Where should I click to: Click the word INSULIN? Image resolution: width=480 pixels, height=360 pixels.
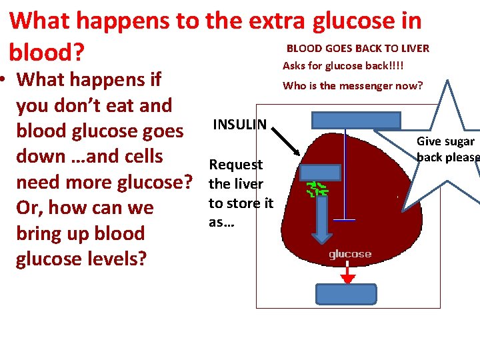click(239, 125)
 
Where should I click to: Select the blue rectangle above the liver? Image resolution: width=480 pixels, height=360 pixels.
click(357, 120)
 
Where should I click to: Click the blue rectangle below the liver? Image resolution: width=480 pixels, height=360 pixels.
click(345, 294)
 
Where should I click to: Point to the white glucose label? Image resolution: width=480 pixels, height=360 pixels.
click(350, 254)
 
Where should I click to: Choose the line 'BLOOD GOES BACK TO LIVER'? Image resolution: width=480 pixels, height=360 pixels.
click(357, 48)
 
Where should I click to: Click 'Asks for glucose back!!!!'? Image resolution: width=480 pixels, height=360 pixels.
click(343, 65)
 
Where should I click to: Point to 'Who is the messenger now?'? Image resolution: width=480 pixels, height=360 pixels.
click(353, 85)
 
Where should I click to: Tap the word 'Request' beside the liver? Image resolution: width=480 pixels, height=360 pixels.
click(236, 165)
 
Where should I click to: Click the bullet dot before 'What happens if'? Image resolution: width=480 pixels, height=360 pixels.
click(5, 80)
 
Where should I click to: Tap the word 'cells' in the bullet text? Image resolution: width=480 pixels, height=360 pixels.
click(139, 156)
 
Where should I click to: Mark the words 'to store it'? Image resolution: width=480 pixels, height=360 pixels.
click(241, 203)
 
